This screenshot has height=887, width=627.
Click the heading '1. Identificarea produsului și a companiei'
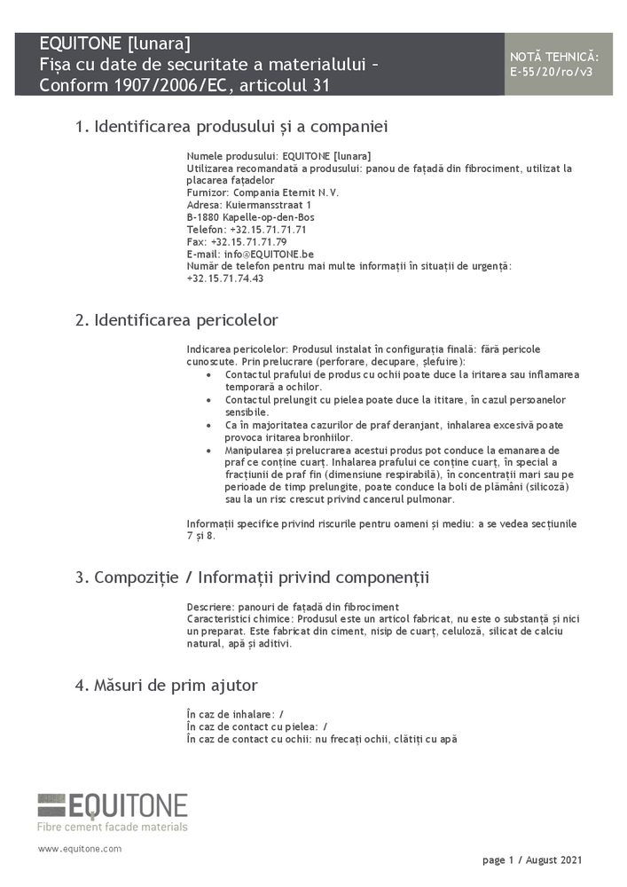coord(231,127)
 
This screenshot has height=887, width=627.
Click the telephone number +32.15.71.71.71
coord(268,229)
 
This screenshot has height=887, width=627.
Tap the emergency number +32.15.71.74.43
coord(225,279)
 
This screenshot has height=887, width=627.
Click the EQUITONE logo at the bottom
coord(113,805)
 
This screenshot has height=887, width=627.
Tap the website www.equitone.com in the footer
coord(80,849)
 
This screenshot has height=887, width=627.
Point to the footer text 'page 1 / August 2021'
coord(532,860)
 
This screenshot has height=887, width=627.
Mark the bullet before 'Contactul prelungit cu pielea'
coord(208,400)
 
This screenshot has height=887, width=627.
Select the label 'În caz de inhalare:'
coord(230,714)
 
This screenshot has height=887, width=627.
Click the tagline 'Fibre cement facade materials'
coord(113,827)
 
